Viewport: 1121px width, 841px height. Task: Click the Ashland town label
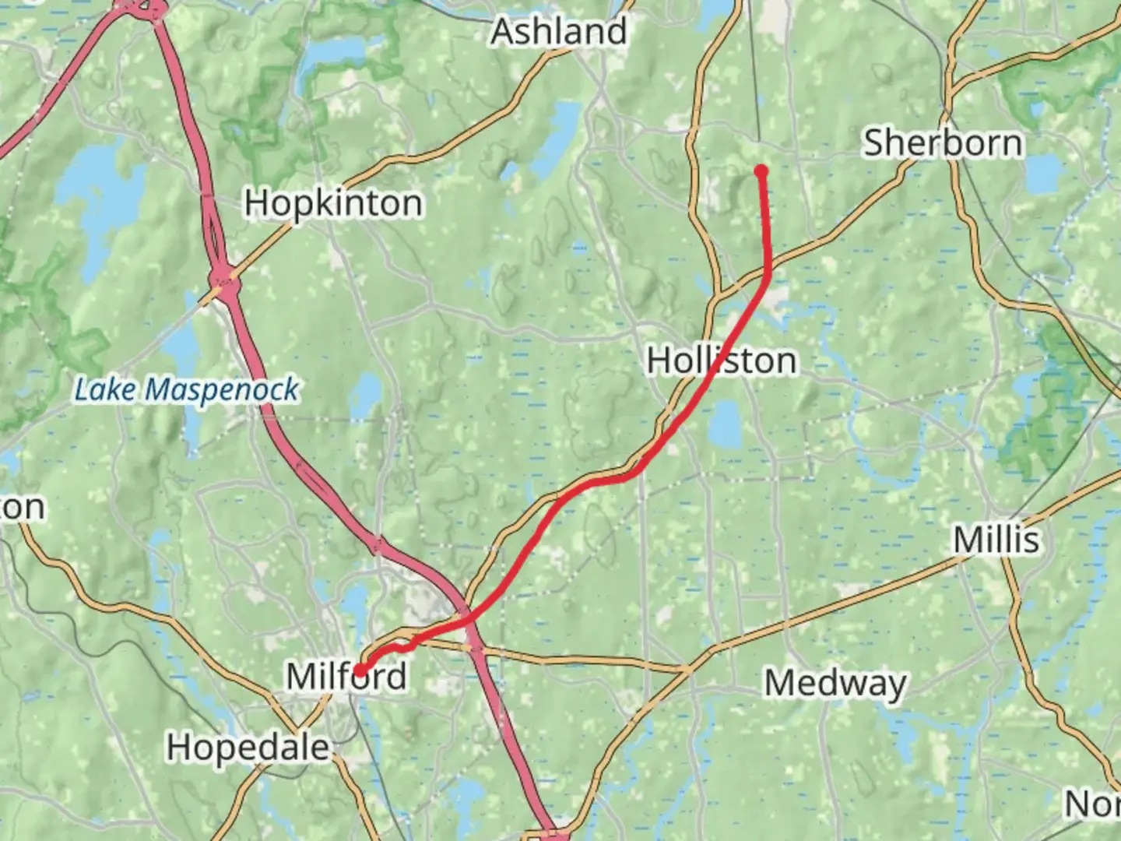point(559,32)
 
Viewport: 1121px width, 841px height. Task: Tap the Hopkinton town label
point(334,203)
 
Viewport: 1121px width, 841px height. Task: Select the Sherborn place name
point(943,143)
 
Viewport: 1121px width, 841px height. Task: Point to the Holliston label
point(722,361)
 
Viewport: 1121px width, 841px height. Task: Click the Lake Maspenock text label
point(186,389)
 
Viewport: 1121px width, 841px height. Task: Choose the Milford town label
point(346,676)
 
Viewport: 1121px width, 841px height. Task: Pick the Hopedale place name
point(248,748)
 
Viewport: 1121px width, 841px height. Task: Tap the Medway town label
point(835,684)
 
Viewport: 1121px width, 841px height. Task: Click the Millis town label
point(996,540)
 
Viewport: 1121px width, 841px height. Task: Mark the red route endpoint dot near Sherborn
point(761,171)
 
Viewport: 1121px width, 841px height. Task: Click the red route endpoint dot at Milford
point(360,670)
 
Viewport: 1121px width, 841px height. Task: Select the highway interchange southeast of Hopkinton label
point(224,278)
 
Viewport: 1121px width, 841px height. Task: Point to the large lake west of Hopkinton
point(101,195)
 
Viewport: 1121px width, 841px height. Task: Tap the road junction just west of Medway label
point(688,667)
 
